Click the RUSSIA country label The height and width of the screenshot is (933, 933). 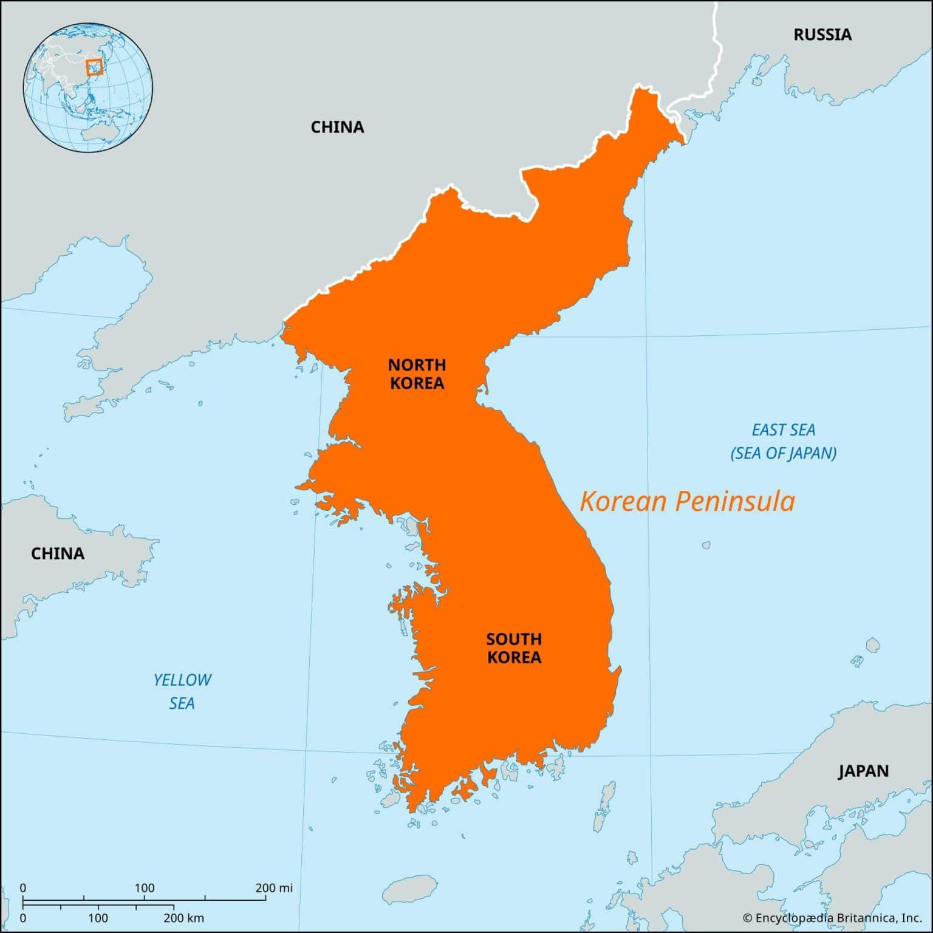pos(822,35)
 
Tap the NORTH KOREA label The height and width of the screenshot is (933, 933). pos(417,374)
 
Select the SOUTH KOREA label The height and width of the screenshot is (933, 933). pos(514,648)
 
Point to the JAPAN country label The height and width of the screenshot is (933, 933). pos(863,771)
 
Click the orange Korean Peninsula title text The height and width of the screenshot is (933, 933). pos(687,502)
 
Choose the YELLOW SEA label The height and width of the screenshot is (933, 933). pos(182,691)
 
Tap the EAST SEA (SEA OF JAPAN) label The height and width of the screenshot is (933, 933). pos(784,442)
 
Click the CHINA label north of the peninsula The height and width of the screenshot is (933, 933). pos(337,127)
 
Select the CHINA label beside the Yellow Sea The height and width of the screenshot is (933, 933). pos(58,553)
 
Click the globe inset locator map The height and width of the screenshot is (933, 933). pos(88,88)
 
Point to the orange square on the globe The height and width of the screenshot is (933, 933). pos(94,67)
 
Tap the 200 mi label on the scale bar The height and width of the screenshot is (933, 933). pos(274,888)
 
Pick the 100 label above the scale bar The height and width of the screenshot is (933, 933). pos(145,888)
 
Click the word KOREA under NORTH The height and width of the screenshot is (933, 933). pos(417,383)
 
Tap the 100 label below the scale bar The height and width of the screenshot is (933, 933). pos(98,917)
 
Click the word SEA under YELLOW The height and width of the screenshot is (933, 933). pos(182,703)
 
